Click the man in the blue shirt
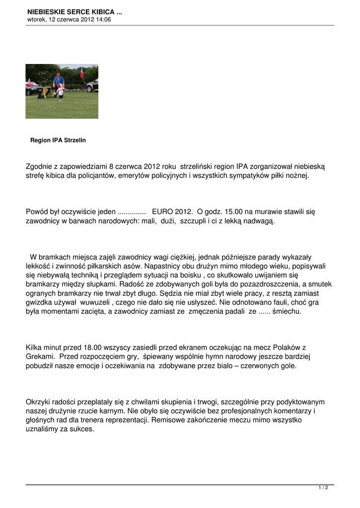[59, 79]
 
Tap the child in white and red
[61, 91]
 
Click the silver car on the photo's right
[92, 85]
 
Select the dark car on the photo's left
[33, 88]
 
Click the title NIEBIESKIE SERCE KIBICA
[74, 11]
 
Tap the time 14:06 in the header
[103, 20]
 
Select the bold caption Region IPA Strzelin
[58, 140]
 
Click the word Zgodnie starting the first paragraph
[41, 166]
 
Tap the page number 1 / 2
[323, 488]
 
